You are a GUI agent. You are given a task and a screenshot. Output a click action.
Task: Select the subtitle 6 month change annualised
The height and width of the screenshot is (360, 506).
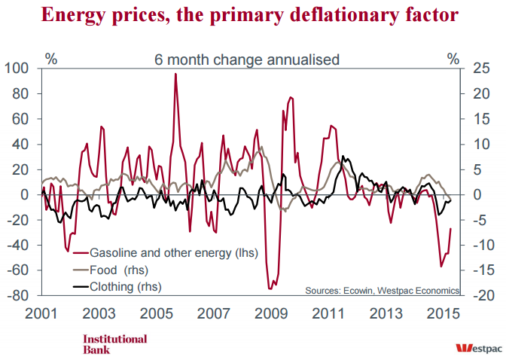click(x=247, y=58)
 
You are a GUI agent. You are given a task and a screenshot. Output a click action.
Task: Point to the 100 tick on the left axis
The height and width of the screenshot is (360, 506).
click(x=17, y=69)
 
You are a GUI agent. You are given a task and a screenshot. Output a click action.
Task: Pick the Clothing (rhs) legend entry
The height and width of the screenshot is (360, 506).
click(x=126, y=286)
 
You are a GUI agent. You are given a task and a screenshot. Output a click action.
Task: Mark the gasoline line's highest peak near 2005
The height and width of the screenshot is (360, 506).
click(x=175, y=74)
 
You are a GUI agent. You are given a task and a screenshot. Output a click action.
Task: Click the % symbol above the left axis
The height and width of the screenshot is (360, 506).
click(x=52, y=57)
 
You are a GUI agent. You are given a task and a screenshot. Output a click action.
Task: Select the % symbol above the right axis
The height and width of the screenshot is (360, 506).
click(x=452, y=57)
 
